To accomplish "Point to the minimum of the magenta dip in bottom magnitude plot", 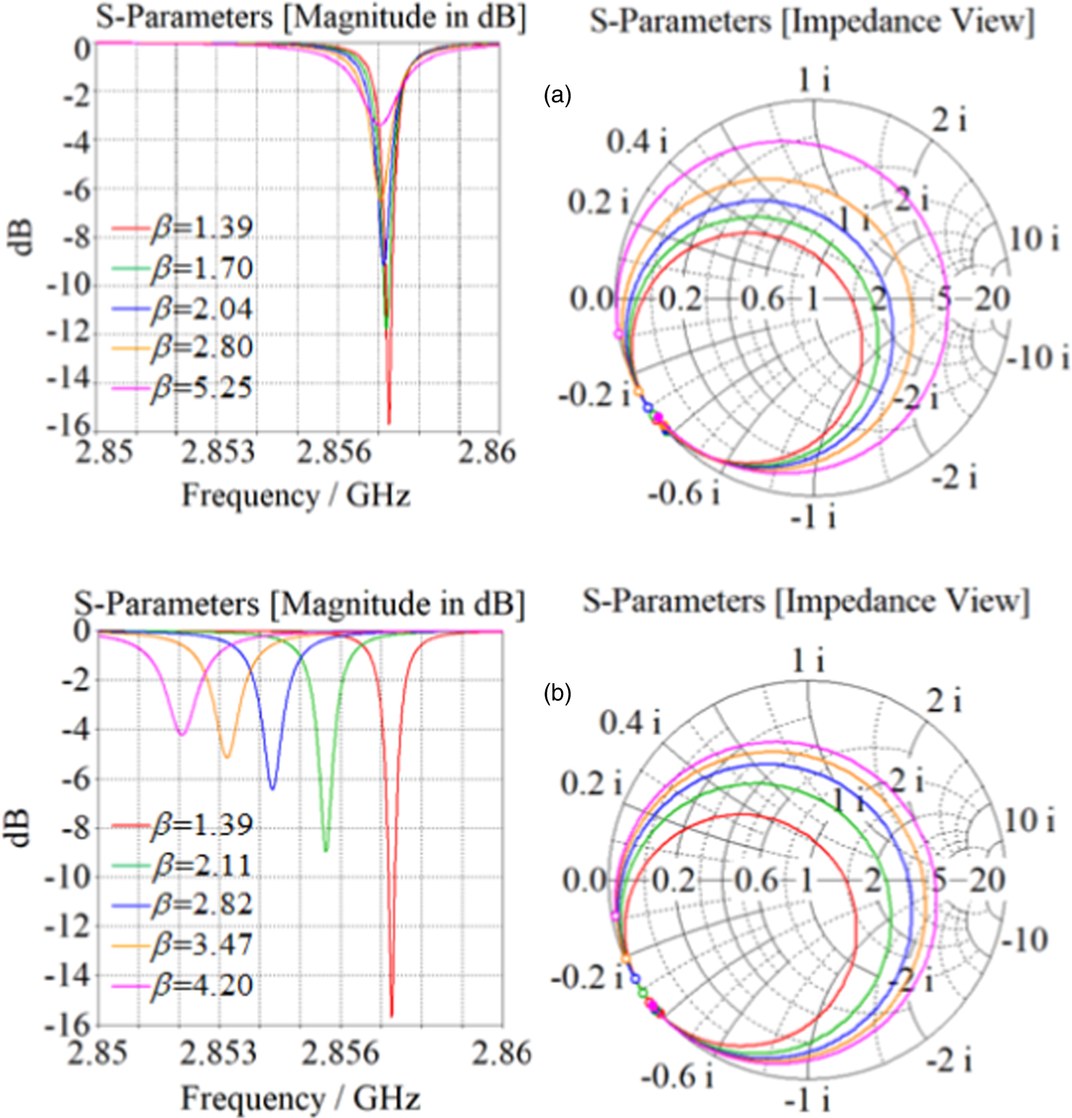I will click(182, 734).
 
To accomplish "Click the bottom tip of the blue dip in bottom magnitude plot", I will click(272, 788).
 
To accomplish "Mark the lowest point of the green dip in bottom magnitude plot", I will click(326, 850).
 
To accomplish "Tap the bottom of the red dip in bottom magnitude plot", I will click(392, 1014).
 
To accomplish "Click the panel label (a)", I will click(557, 94).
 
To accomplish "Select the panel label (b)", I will click(557, 692).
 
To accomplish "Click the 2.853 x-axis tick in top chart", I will click(218, 452).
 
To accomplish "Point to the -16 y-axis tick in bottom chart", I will click(68, 1026).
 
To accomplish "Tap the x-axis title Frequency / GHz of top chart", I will click(296, 495).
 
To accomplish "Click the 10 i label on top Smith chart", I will click(1034, 239).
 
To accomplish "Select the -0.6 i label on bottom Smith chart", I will click(676, 1076).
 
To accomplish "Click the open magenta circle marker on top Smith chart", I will click(618, 334).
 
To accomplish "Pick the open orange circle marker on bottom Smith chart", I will click(625, 958).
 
